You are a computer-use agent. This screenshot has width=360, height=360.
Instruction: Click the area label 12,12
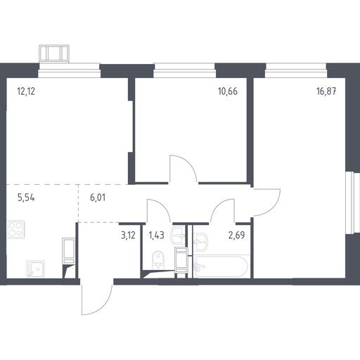click(x=26, y=91)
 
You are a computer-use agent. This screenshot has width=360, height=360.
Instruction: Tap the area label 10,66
click(x=228, y=91)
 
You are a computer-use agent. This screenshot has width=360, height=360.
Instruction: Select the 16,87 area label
click(x=326, y=91)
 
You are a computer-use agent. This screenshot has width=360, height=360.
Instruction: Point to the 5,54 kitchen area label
click(x=26, y=198)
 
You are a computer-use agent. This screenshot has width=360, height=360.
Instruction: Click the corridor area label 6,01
click(x=98, y=198)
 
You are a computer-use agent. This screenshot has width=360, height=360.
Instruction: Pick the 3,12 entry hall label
click(x=128, y=235)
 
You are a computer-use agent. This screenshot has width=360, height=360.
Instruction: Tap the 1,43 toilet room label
click(x=156, y=235)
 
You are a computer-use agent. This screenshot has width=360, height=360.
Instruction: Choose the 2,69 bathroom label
click(x=237, y=235)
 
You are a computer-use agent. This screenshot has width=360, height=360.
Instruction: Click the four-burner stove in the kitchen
click(x=15, y=229)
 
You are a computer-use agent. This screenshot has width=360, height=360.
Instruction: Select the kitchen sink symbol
click(x=36, y=269)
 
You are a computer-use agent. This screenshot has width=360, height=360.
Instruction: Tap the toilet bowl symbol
click(x=157, y=260)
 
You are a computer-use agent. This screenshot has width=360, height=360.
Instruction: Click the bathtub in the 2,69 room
click(x=221, y=266)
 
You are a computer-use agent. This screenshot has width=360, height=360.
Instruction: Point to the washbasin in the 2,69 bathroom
click(x=200, y=242)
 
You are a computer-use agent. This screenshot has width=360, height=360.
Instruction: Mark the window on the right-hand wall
click(x=353, y=203)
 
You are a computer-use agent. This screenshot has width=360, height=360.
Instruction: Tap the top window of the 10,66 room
click(x=184, y=70)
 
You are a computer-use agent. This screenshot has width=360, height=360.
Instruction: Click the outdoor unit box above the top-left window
click(x=54, y=54)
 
